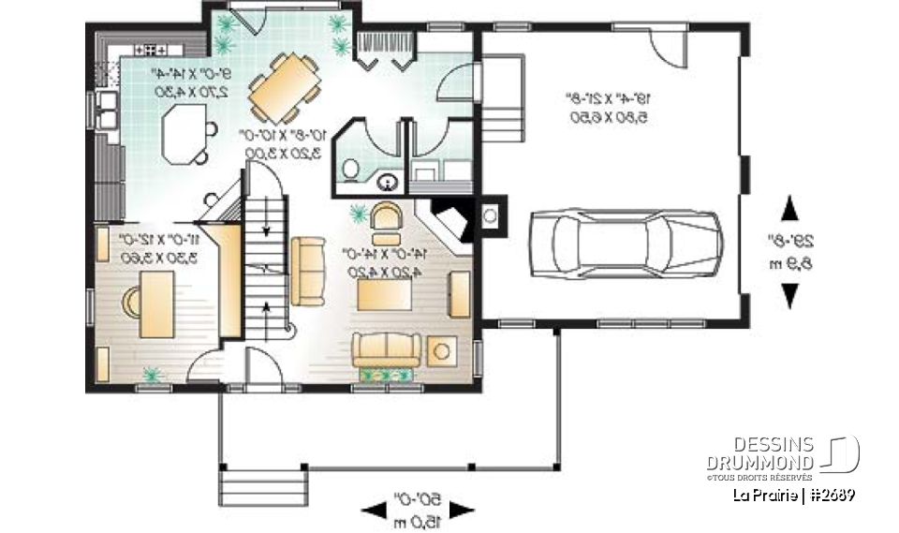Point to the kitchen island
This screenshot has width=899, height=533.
[x=184, y=132]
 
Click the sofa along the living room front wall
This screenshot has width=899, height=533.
[x=383, y=349]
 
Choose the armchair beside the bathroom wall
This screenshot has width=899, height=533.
[x=385, y=216]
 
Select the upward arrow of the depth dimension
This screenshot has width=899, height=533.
[x=789, y=207]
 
